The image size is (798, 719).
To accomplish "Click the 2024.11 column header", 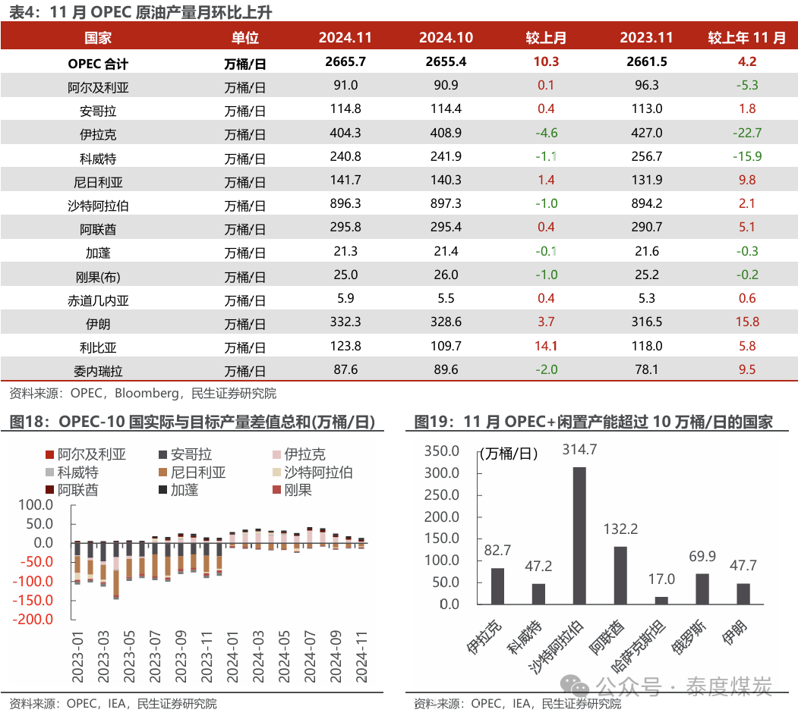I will (x=345, y=38).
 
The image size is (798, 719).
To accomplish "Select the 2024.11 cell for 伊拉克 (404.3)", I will (x=345, y=133).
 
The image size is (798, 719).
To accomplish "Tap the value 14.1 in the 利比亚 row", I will (x=546, y=346).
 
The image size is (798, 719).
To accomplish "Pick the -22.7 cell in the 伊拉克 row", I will (x=747, y=133).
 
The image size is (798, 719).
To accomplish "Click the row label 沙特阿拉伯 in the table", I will (x=98, y=205).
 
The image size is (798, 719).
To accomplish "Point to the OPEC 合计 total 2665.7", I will (x=345, y=62).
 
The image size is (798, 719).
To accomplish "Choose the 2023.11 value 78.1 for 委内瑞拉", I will (x=646, y=369).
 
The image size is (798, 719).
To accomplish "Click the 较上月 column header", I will (x=546, y=38).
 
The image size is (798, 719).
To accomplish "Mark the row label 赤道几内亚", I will (x=98, y=300).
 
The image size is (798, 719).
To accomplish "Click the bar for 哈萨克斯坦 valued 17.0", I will (x=661, y=600).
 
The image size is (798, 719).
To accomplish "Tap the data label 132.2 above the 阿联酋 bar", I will (x=620, y=529).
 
